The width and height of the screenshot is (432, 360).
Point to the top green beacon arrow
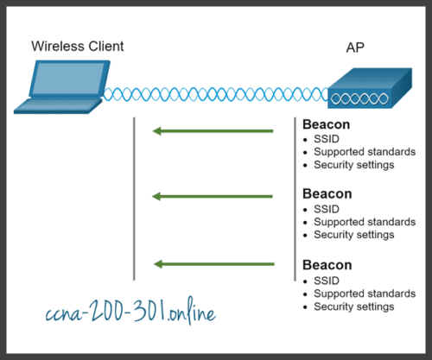[213, 131]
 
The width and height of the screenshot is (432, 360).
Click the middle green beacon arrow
[213, 197]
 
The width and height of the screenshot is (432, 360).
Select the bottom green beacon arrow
[213, 262]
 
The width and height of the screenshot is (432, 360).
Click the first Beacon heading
[327, 124]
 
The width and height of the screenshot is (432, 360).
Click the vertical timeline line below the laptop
[134, 199]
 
